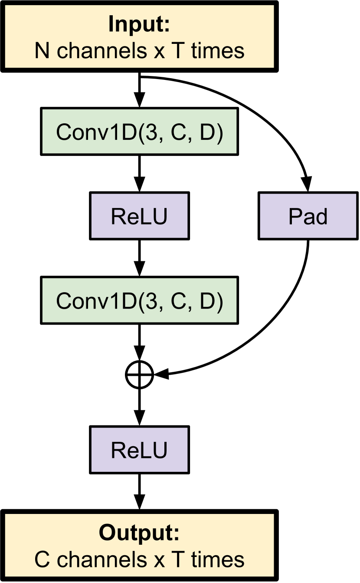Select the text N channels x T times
pyautogui.click(x=139, y=51)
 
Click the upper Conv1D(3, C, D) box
pyautogui.click(x=139, y=132)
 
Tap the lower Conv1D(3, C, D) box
pyautogui.click(x=139, y=301)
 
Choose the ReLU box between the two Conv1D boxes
pyautogui.click(x=139, y=216)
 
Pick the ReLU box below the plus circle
pyautogui.click(x=139, y=450)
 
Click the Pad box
pyautogui.click(x=308, y=216)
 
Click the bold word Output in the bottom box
pyautogui.click(x=139, y=533)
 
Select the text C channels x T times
pyautogui.click(x=139, y=560)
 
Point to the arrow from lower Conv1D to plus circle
pyautogui.click(x=139, y=341)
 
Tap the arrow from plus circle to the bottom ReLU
pyautogui.click(x=139, y=406)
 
